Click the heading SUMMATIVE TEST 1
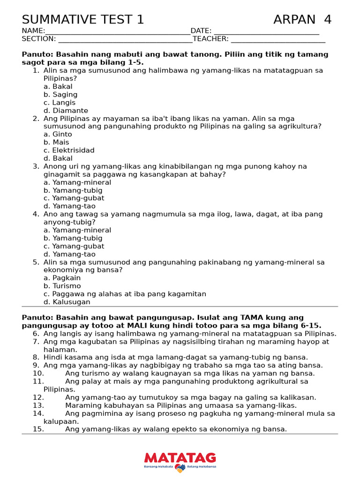tap(83, 20)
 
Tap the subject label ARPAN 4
tap(302, 20)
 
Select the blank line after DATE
tap(266, 31)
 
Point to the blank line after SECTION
tap(124, 39)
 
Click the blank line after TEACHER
tap(278, 39)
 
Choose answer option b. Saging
tap(60, 95)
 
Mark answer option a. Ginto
tap(58, 135)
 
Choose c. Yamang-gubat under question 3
tap(74, 198)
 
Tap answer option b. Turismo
tap(62, 286)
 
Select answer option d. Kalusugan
tap(67, 302)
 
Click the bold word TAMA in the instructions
tap(254, 318)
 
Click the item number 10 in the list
tap(38, 374)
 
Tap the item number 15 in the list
tap(38, 429)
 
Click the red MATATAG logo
tap(180, 458)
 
